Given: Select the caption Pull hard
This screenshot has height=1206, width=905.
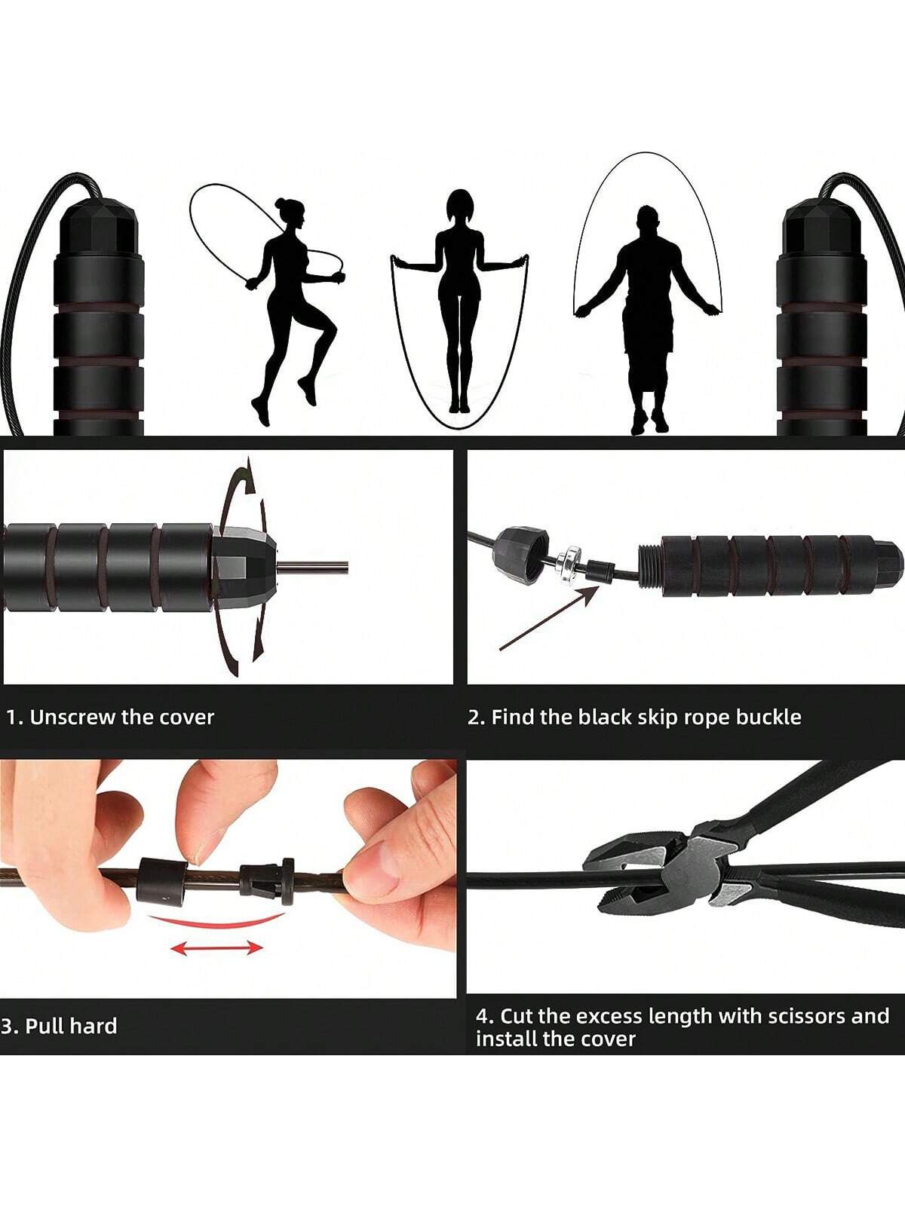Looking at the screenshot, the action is (71, 1026).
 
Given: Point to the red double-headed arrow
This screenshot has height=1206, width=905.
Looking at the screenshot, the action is (216, 947).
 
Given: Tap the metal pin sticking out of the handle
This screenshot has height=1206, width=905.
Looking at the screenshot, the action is (312, 567).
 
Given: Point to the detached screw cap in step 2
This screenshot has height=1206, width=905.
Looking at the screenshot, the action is (520, 556).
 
